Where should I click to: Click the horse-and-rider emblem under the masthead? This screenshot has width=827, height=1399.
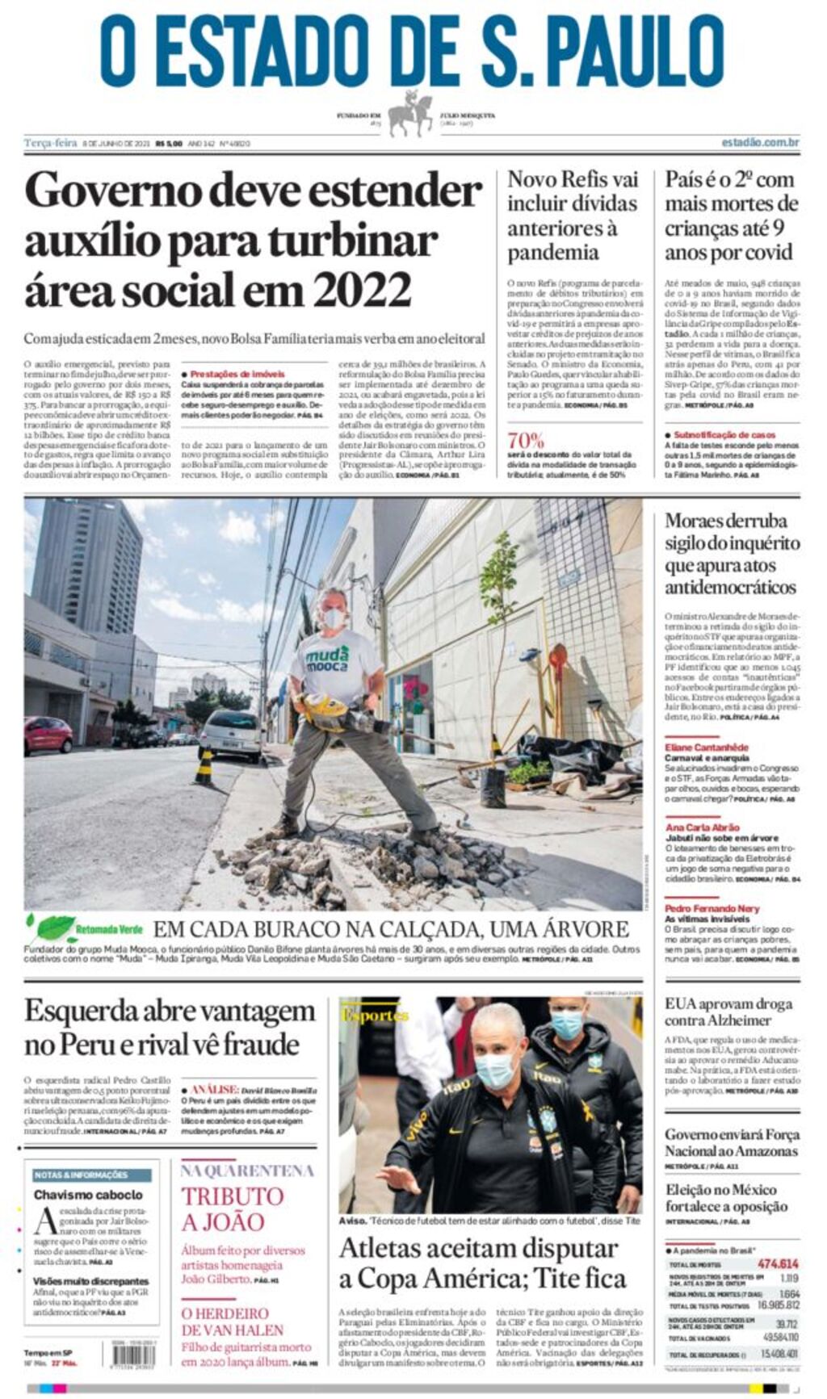coord(411,114)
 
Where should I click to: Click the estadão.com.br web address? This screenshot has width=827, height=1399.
coord(760,143)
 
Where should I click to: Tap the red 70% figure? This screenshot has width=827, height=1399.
coord(526,441)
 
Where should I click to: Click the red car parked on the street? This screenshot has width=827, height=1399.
coord(48,734)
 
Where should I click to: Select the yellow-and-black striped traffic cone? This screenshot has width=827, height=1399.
coord(204,767)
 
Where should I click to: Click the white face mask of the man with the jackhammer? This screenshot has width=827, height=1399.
coord(334,618)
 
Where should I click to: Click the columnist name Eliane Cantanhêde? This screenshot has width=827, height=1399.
coord(707,748)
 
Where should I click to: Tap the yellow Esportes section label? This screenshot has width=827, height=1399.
coord(374,1015)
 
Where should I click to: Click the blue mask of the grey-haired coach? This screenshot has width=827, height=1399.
coord(495,1070)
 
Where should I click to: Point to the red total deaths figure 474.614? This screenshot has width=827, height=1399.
coord(778,1263)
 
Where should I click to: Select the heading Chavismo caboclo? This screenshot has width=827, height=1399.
coord(88,1194)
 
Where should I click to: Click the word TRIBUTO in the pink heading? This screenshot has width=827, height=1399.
coord(232,1196)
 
